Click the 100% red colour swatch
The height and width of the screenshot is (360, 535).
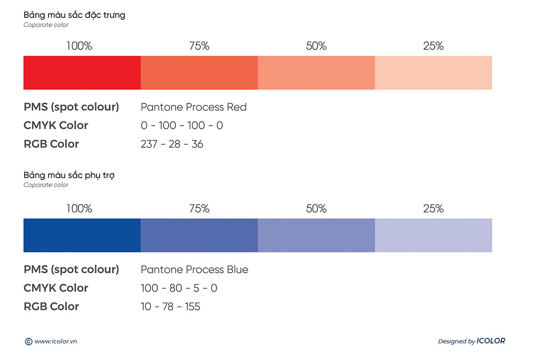tap(82, 73)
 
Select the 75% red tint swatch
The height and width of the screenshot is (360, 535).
tap(199, 73)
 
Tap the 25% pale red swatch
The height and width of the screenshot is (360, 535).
tap(434, 73)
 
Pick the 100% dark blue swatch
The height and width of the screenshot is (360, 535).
tap(82, 236)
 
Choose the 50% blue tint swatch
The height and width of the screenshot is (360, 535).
tap(316, 236)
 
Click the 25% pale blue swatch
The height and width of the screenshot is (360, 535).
tap(434, 236)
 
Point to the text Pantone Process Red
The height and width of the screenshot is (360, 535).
tap(194, 107)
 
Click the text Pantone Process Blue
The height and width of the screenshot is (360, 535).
tap(194, 270)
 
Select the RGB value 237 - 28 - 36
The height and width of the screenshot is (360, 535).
tap(172, 144)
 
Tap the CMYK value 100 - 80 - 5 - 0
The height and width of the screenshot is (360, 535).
tap(179, 288)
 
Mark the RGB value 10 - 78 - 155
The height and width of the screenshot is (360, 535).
tap(170, 307)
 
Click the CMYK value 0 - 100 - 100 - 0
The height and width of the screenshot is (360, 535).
tap(182, 125)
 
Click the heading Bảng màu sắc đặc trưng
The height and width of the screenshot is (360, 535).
tap(74, 15)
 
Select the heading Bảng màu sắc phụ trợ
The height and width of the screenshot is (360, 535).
tap(69, 176)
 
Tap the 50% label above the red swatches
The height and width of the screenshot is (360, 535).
tap(316, 46)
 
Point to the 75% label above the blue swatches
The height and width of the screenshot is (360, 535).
tap(199, 209)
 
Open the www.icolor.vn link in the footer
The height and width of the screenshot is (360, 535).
tap(55, 342)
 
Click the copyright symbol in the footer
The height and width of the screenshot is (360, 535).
tap(28, 342)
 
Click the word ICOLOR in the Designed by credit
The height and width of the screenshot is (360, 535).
tap(491, 341)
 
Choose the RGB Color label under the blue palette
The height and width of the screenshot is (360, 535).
tap(51, 307)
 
